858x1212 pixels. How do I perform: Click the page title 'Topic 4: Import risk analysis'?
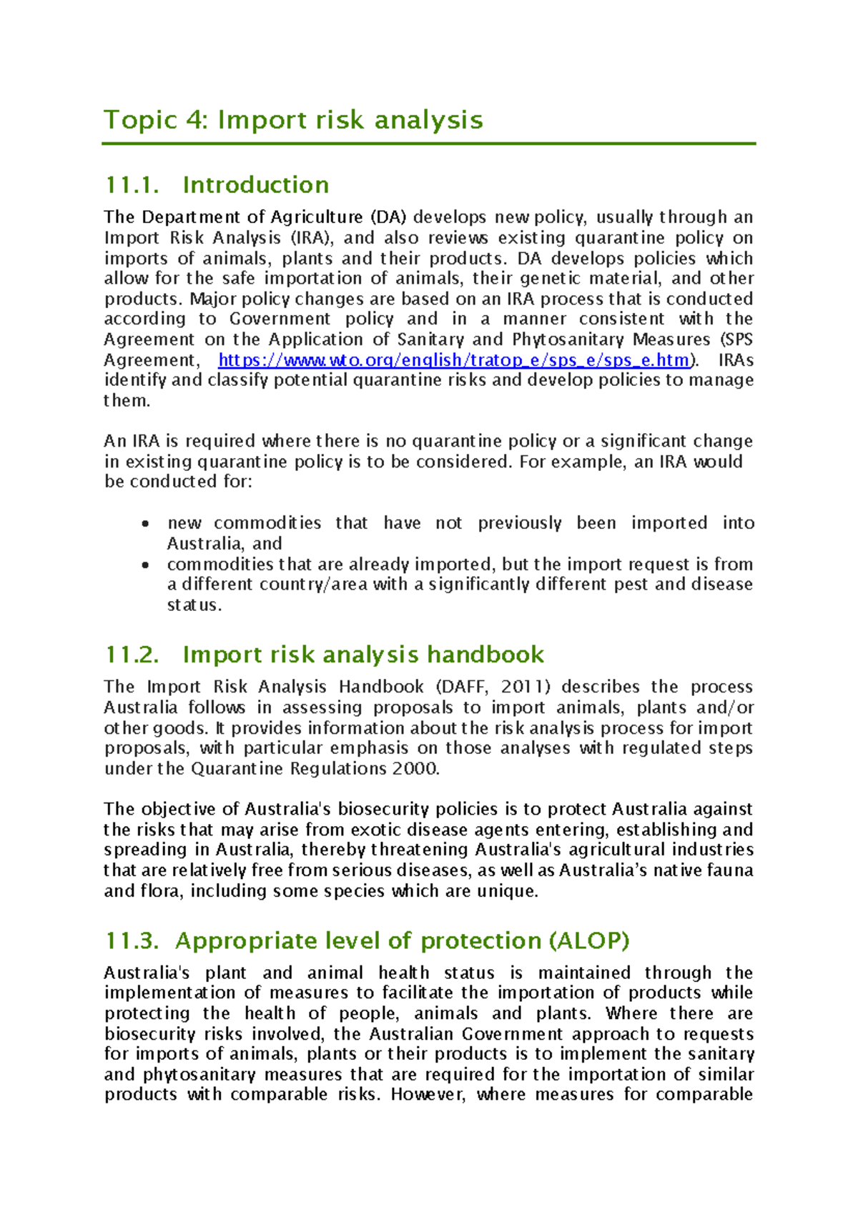[x=293, y=119]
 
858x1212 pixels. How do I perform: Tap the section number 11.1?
[x=132, y=185]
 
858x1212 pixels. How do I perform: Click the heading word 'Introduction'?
[x=255, y=185]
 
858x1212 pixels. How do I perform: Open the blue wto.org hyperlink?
[x=453, y=360]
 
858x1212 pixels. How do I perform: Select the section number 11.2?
[x=132, y=655]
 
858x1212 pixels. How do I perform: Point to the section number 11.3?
[x=132, y=940]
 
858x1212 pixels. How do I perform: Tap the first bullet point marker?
[x=146, y=524]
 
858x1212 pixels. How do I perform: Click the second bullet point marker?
[x=146, y=565]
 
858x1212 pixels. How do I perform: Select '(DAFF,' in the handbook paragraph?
[x=462, y=687]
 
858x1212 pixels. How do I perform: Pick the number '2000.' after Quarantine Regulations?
[x=415, y=769]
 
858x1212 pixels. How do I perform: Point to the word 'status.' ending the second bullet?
[x=194, y=605]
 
